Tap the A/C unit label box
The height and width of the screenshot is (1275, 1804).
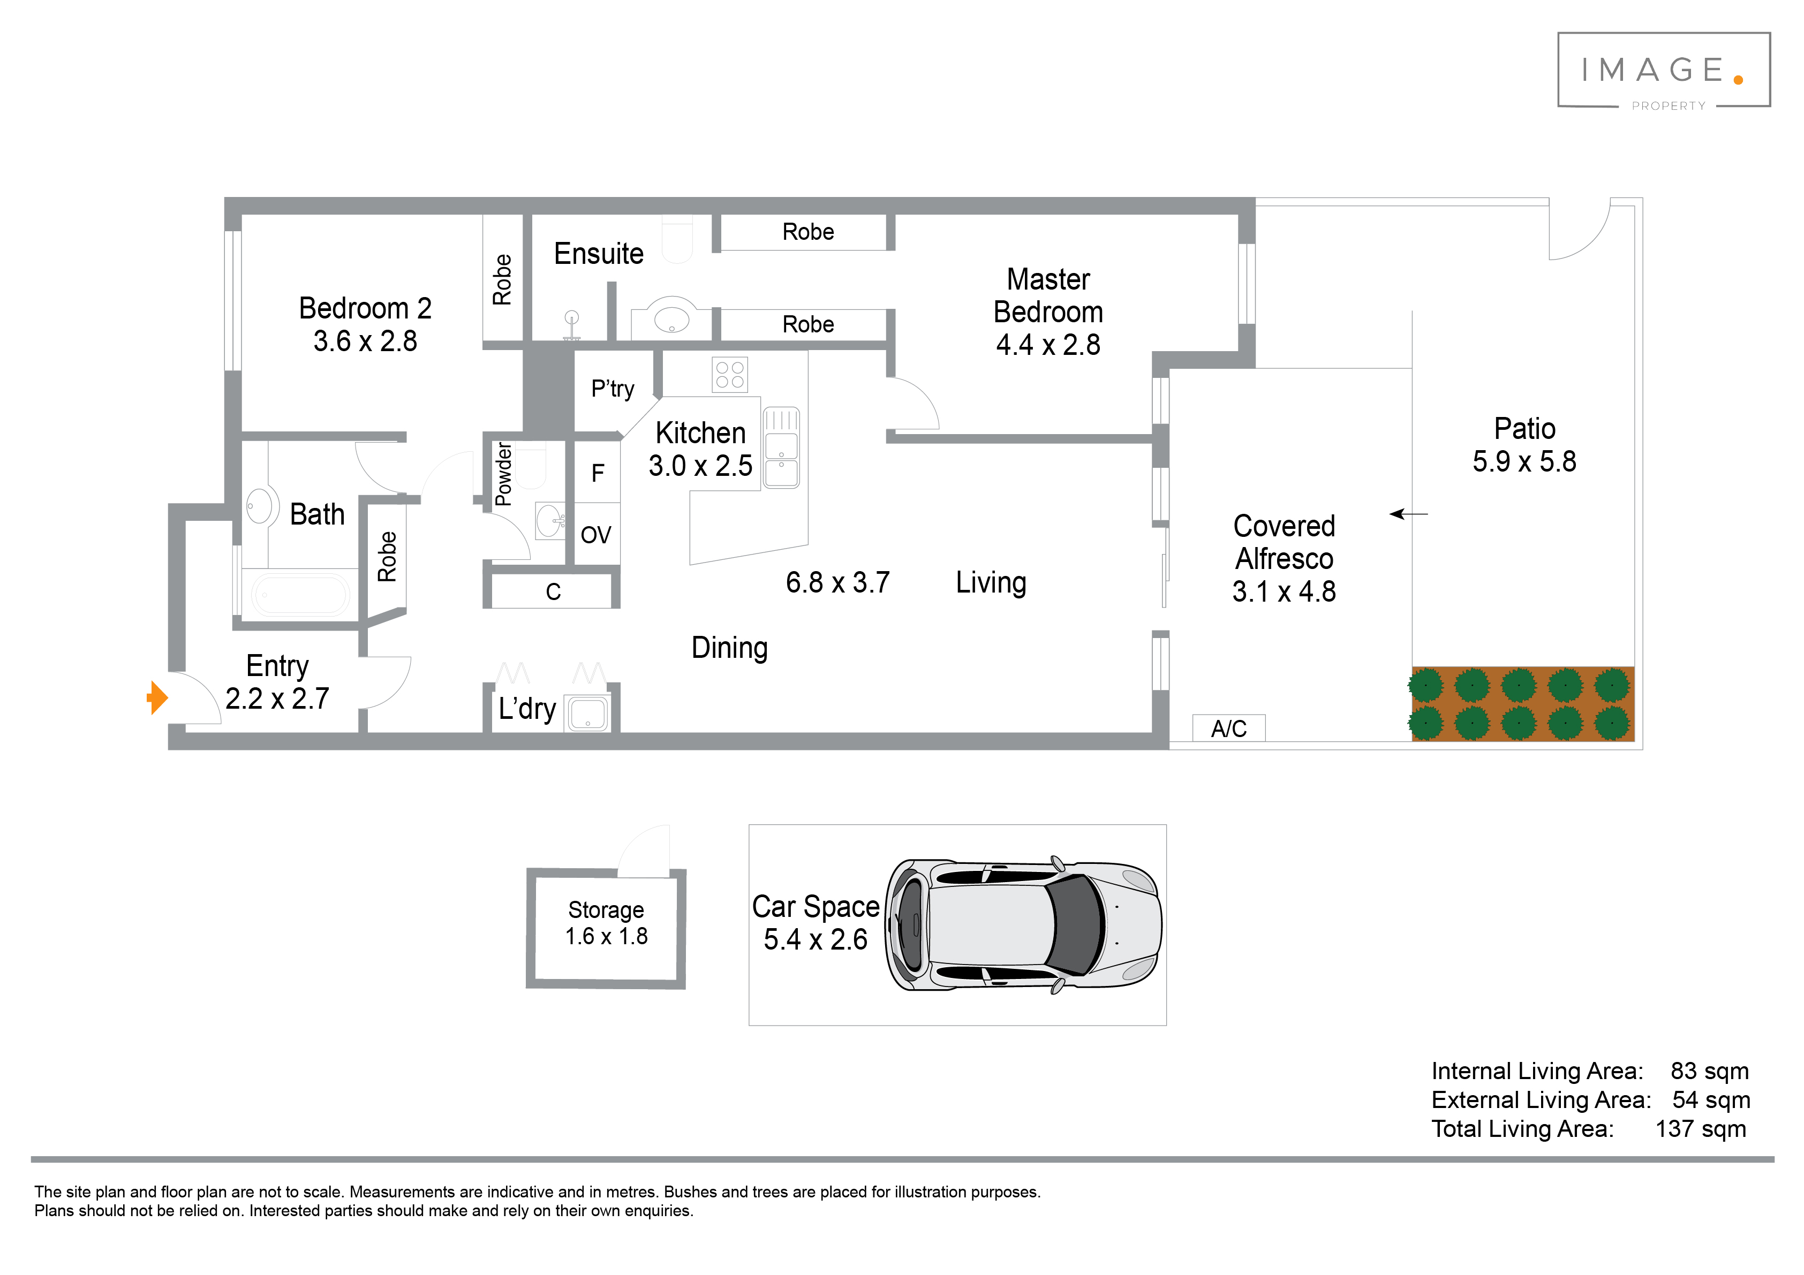[x=1229, y=728]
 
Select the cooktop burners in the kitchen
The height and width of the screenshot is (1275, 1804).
[x=730, y=375]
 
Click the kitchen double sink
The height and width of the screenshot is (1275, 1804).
[x=781, y=447]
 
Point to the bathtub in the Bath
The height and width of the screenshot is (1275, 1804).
[x=301, y=594]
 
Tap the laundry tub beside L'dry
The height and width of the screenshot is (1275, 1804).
[x=588, y=714]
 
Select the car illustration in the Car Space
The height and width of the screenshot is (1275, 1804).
[x=1023, y=924]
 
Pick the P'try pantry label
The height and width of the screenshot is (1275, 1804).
[x=613, y=389]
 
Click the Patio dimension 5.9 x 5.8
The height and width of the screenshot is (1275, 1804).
[x=1524, y=461]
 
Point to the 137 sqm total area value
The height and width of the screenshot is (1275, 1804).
[x=1701, y=1129]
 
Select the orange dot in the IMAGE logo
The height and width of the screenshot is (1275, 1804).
[x=1738, y=79]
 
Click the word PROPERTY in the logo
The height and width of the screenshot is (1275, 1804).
[x=1669, y=106]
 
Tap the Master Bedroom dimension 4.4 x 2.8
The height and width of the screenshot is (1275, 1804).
[x=1048, y=344]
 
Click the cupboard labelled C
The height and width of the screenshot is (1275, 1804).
[x=553, y=591]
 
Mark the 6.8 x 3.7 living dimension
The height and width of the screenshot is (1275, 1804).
[x=837, y=582]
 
